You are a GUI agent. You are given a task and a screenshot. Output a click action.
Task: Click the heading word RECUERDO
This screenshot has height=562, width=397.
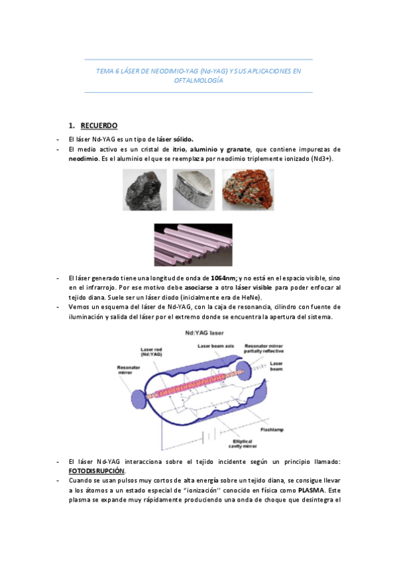click(99, 125)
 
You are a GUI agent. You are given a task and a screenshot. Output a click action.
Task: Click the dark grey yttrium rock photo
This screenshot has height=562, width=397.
click(144, 190)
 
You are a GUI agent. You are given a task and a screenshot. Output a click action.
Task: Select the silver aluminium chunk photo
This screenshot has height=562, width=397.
click(194, 190)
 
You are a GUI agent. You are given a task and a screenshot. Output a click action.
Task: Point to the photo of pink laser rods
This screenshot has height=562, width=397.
click(193, 244)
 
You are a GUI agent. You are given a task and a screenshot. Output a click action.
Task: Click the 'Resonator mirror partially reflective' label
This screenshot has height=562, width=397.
click(265, 349)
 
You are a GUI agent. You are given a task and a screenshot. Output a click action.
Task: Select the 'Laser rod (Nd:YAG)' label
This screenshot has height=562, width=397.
click(152, 353)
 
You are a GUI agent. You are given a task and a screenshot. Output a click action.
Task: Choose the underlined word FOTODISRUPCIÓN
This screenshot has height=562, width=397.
click(97, 470)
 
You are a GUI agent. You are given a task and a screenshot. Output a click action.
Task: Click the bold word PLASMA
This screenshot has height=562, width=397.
click(311, 490)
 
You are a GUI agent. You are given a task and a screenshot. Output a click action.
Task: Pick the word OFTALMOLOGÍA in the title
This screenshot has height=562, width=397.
click(199, 81)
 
